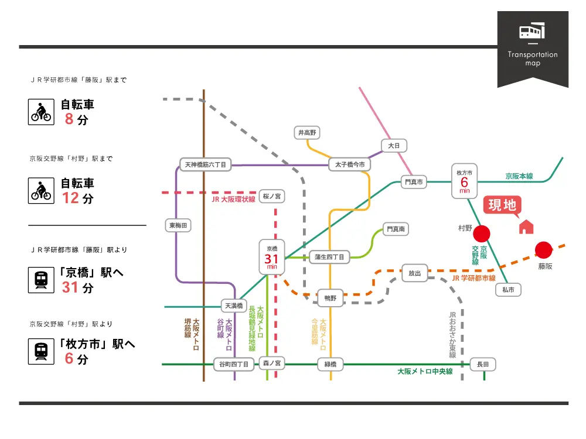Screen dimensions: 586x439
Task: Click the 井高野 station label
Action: pyautogui.click(x=307, y=132)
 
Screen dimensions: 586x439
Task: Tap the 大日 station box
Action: pyautogui.click(x=394, y=146)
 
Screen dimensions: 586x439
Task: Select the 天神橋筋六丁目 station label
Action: pyautogui.click(x=206, y=164)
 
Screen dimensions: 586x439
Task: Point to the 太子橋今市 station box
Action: pyautogui.click(x=349, y=164)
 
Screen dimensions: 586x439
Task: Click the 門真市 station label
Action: pyautogui.click(x=414, y=182)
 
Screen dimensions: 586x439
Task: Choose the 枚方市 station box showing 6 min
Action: pyautogui.click(x=464, y=181)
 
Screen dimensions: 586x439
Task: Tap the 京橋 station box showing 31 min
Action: pyautogui.click(x=272, y=257)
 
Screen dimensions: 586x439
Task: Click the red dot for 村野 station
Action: pyautogui.click(x=481, y=234)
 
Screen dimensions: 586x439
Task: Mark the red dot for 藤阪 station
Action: pyautogui.click(x=543, y=250)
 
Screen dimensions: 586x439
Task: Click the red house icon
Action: pyautogui.click(x=526, y=227)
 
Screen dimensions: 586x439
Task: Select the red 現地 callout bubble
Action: pyautogui.click(x=502, y=206)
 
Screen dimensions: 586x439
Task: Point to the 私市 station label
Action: pyautogui.click(x=508, y=290)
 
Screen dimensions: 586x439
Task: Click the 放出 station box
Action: pyautogui.click(x=414, y=273)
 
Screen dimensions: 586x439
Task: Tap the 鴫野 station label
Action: pyautogui.click(x=331, y=299)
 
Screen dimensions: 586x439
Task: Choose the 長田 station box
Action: pyautogui.click(x=483, y=364)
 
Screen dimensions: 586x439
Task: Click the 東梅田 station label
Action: pyautogui.click(x=178, y=225)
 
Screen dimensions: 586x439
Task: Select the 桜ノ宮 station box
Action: pyautogui.click(x=272, y=196)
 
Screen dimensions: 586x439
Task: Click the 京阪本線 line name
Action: pyautogui.click(x=519, y=176)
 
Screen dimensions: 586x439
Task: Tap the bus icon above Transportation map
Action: pyautogui.click(x=532, y=31)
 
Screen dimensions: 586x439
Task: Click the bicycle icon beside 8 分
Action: pyautogui.click(x=41, y=112)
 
